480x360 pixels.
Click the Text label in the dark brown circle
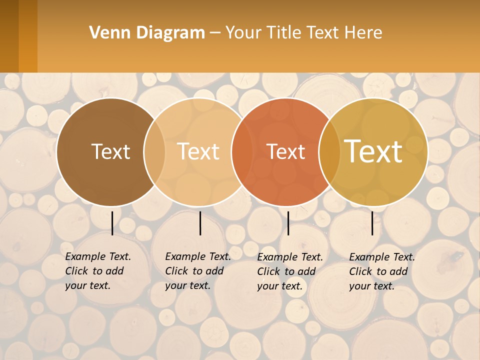tap(110, 151)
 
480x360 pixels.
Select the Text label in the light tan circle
tap(198, 151)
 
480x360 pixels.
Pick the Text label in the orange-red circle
tap(285, 151)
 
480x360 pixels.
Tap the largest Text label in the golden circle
tap(373, 151)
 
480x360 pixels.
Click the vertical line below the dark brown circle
tap(112, 223)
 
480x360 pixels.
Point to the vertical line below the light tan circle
tap(200, 223)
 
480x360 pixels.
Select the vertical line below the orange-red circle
tap(288, 223)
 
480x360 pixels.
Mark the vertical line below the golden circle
tap(372, 223)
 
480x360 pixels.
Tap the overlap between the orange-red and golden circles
tap(329, 151)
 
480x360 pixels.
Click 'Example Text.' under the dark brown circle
tap(98, 256)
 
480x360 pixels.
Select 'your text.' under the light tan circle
tap(187, 285)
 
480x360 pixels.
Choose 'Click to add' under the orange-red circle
tap(286, 271)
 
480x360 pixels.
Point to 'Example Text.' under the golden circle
tap(382, 257)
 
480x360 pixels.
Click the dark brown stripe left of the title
tap(9, 36)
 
